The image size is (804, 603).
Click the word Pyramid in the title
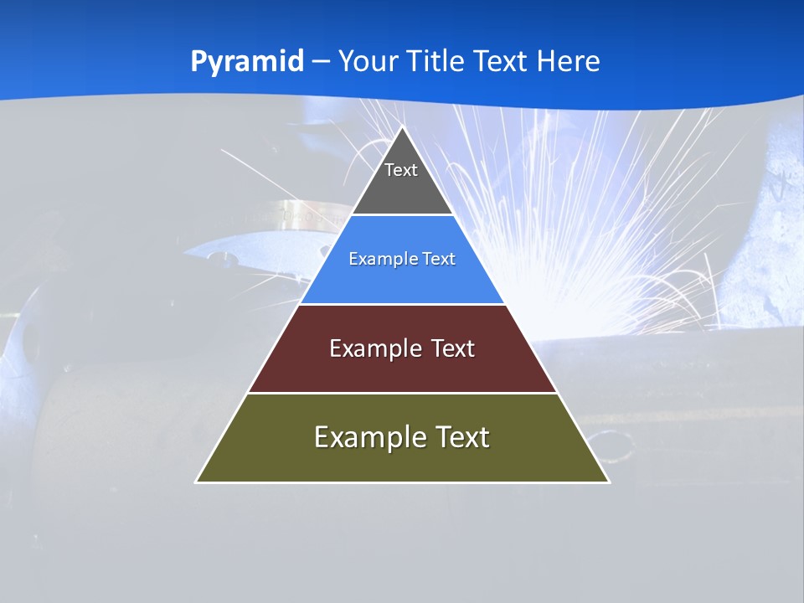point(247,61)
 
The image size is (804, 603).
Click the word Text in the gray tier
point(401,170)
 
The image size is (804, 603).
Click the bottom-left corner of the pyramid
point(197,482)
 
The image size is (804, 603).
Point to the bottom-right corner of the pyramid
point(608,482)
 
